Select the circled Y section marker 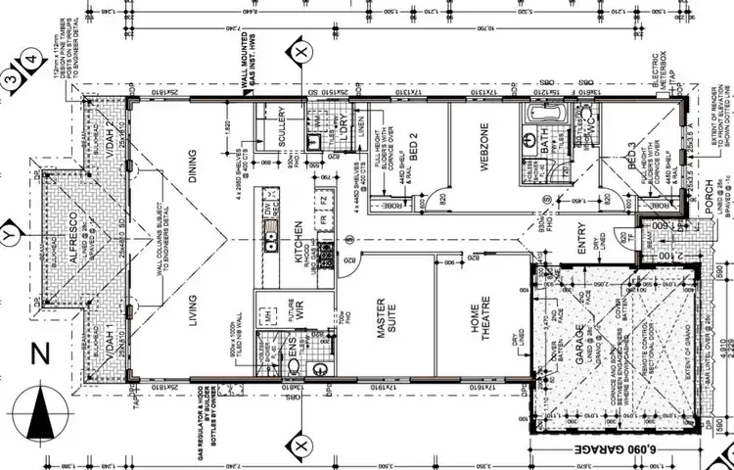tap(11, 236)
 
